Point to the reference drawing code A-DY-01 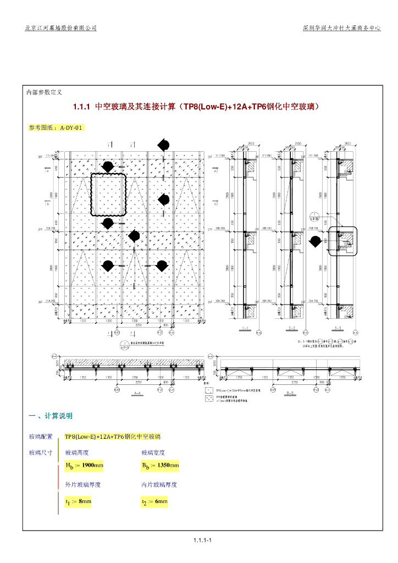click(x=71, y=128)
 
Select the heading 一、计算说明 click(x=51, y=415)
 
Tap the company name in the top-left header click(x=61, y=27)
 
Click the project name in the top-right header click(x=341, y=27)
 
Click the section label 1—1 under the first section click(x=245, y=329)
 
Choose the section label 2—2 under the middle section click(x=291, y=329)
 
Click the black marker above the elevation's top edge click(x=163, y=145)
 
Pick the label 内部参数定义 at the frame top click(x=45, y=92)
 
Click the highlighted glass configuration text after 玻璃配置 click(x=112, y=437)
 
